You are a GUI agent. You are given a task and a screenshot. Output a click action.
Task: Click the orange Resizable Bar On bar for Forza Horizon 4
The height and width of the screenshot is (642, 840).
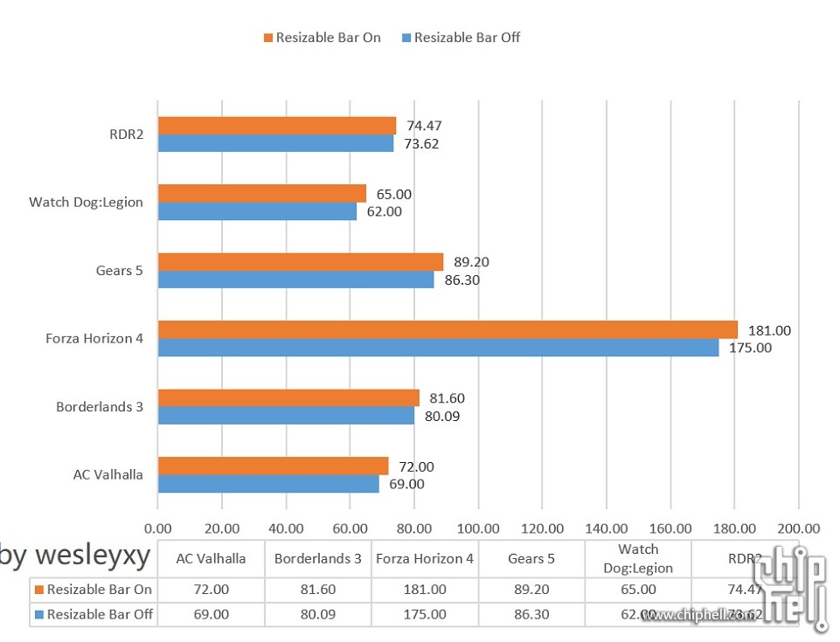(x=448, y=330)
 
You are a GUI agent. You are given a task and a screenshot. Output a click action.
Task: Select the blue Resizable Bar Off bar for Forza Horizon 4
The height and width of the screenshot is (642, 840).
(x=438, y=348)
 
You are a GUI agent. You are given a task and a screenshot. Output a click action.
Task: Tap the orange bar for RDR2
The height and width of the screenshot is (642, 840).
(x=276, y=126)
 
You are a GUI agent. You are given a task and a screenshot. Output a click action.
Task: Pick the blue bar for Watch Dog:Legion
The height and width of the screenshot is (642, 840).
(x=257, y=211)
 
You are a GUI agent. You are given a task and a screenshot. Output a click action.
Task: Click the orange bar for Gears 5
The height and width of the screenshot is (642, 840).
(x=300, y=262)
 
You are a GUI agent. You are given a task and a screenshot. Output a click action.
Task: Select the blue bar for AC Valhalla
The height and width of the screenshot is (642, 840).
(x=268, y=484)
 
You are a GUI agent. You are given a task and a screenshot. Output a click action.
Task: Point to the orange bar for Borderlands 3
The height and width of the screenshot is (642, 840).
(x=288, y=398)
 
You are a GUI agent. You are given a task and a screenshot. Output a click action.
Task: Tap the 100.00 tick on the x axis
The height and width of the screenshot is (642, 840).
(x=478, y=528)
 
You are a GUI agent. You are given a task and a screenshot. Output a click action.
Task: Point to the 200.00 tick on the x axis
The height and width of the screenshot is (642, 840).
(x=798, y=528)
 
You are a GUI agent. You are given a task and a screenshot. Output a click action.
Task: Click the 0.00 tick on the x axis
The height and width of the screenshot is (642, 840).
(x=158, y=528)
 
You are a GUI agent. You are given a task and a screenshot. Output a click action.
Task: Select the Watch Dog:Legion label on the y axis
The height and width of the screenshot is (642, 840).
(x=86, y=203)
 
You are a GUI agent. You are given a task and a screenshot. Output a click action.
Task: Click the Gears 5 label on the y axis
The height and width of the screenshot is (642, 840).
(x=119, y=271)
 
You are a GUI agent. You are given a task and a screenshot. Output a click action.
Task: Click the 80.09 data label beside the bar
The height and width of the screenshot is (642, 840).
(x=441, y=416)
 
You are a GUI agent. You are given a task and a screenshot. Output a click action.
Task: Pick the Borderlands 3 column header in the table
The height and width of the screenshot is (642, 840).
(x=318, y=559)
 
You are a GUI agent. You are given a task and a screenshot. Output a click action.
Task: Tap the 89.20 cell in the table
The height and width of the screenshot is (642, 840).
(x=531, y=590)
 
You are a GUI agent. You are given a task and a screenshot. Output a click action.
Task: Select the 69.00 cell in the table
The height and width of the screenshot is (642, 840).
(x=211, y=614)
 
